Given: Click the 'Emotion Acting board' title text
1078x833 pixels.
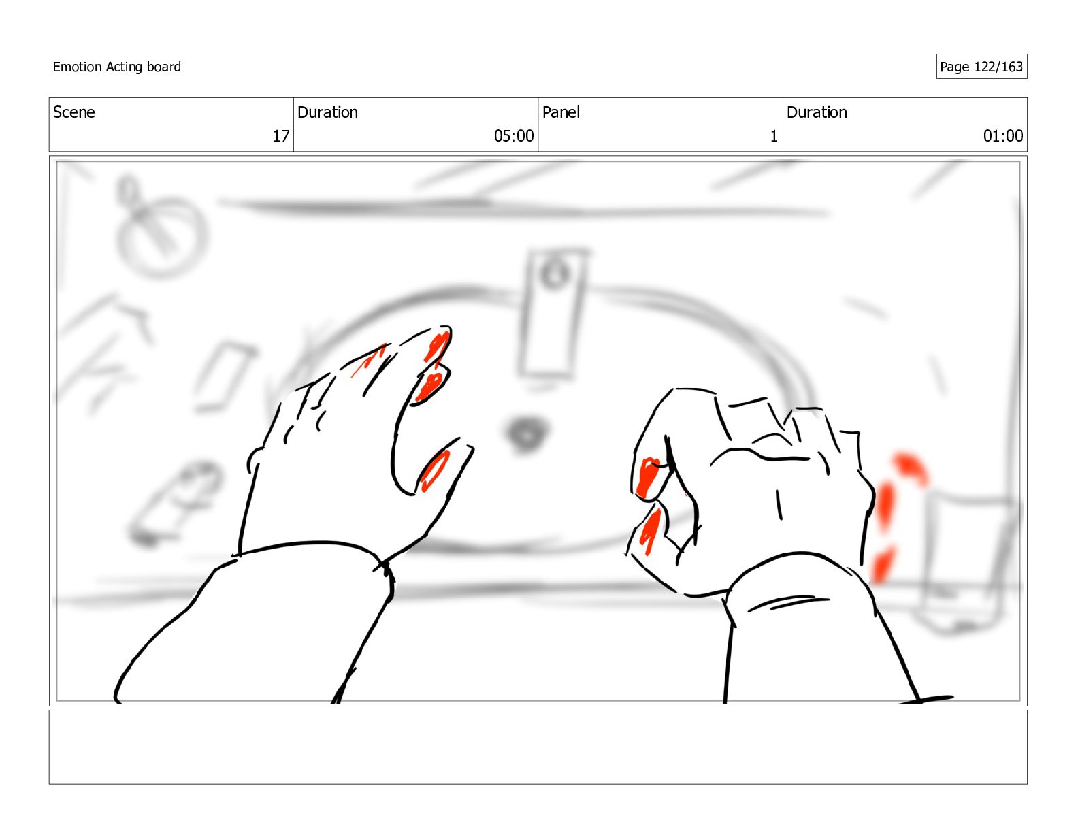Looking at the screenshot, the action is (116, 67).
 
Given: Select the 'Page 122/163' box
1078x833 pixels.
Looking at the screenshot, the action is (981, 67).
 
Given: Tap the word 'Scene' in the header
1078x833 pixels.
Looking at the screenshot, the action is (73, 112).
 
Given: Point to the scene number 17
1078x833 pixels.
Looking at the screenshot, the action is (281, 136).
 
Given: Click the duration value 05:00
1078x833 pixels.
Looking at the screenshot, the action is (513, 136).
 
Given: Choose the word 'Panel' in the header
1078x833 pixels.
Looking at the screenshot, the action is (561, 112).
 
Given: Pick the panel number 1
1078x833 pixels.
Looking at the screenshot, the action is (773, 136).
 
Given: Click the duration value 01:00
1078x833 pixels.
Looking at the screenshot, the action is (1002, 136).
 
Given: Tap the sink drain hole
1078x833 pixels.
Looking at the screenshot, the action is (527, 433).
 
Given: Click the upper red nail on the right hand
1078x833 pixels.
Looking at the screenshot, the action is (647, 477).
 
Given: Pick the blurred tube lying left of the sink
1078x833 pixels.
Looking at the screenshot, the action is (174, 504).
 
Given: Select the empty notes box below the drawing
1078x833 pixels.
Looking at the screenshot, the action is (538, 747).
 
